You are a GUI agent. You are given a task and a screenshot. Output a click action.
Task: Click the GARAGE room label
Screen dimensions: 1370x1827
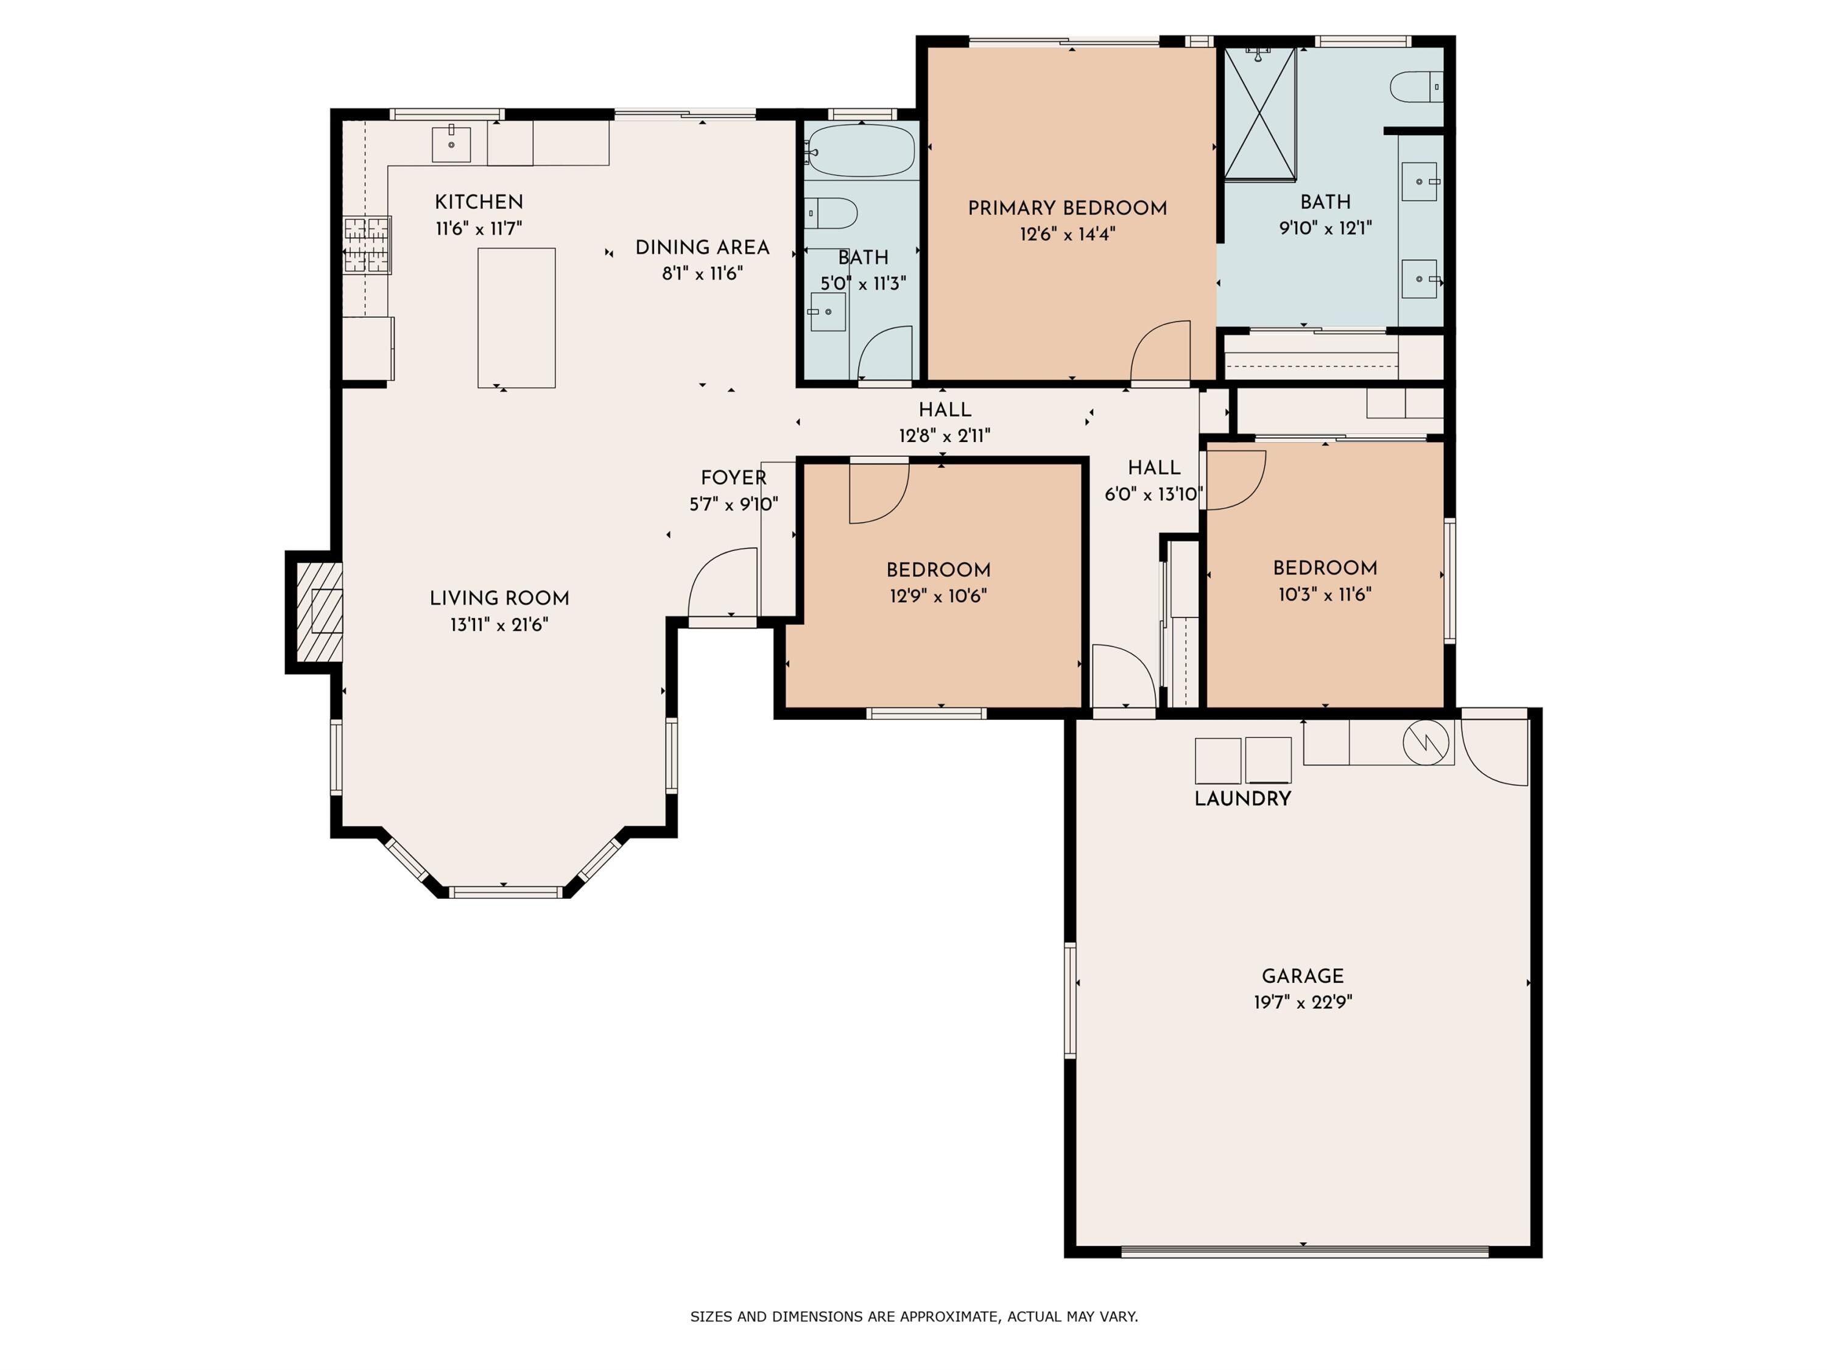tap(1303, 976)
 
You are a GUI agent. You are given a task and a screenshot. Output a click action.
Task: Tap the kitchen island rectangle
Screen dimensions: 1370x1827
tap(516, 317)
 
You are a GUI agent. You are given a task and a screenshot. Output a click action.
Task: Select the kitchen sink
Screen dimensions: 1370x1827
tap(451, 144)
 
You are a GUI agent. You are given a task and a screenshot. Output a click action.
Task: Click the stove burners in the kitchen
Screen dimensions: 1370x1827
tap(367, 244)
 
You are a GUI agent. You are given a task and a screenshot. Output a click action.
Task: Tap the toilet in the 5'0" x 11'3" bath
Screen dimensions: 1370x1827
tap(831, 213)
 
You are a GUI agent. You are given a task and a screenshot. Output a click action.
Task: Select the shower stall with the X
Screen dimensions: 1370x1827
tap(1259, 114)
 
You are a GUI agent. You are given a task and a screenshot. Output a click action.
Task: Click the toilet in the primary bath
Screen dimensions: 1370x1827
tap(1416, 86)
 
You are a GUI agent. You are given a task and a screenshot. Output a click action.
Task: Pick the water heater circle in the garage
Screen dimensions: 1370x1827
tap(1426, 742)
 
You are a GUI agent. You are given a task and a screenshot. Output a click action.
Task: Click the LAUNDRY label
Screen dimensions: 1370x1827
tap(1242, 798)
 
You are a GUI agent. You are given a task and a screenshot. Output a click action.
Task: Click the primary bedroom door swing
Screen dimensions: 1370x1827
tap(1161, 351)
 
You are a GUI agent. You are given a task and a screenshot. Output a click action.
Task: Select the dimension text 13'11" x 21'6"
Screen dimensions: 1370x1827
tap(499, 625)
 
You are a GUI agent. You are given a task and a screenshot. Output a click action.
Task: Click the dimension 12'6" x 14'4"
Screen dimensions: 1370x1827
tap(1067, 234)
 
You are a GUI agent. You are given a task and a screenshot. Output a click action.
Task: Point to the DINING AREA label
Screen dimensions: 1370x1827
tap(702, 247)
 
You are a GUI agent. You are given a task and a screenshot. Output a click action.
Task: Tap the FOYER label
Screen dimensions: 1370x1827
tap(733, 477)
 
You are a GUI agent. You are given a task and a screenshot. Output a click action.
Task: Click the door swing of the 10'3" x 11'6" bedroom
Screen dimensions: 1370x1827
tap(1236, 480)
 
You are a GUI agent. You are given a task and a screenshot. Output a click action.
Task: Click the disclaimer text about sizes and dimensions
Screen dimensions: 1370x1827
tap(913, 1316)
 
